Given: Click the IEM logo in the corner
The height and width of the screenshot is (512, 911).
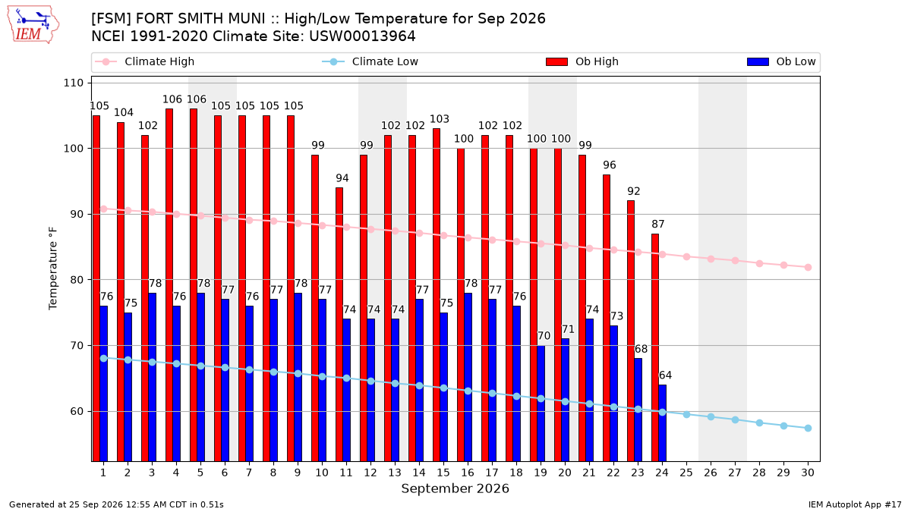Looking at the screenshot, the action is coord(33,25).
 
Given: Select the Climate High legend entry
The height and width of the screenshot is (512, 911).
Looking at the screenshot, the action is coord(144,61).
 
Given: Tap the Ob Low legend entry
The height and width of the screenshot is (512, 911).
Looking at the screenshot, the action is coord(781,61).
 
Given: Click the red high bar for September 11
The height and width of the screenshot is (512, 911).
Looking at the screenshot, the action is coord(339,325).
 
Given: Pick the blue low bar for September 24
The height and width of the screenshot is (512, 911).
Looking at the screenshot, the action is coord(663,423).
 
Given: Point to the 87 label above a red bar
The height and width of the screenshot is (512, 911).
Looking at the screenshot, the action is coord(658,224).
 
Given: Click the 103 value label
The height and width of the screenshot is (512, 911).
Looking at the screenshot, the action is coord(440,119).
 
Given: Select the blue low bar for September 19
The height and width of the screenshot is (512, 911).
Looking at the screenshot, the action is coord(541,404).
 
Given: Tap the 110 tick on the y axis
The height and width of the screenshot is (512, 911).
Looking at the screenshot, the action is coord(73,83).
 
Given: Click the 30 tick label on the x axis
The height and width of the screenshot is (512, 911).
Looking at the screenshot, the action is coord(808,473).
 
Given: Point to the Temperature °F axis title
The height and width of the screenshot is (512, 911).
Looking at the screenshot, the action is coord(53,269).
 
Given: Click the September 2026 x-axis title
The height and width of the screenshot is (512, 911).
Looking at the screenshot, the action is coord(455,488).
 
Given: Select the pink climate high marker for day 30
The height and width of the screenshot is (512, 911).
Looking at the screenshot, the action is coord(808,267).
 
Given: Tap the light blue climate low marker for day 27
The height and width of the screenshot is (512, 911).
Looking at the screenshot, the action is coord(735,419).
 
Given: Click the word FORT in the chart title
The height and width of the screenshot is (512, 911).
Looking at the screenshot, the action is coord(153,19).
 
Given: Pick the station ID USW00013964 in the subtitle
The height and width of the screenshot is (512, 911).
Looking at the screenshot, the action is coord(362,36).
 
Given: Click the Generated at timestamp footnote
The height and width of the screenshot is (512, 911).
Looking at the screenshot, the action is coord(116,504).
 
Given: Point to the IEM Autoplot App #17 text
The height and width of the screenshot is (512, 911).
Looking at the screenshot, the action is coord(855,504).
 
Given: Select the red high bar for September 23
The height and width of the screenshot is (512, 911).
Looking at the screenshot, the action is coord(631,331).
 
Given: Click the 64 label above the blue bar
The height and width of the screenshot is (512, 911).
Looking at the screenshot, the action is coord(665,375).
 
